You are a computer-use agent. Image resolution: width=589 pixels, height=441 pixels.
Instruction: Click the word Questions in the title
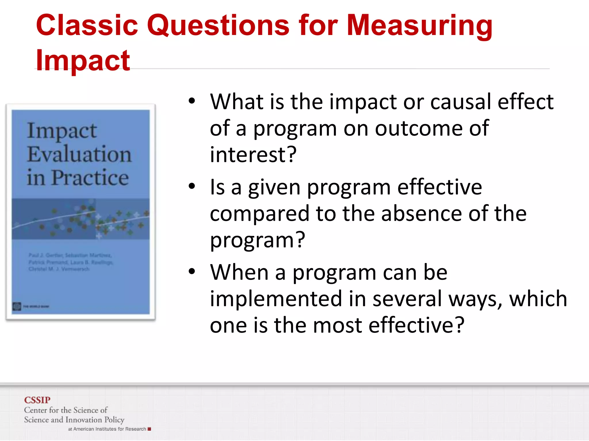click(218, 26)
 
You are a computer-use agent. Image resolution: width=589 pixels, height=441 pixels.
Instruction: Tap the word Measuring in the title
click(420, 26)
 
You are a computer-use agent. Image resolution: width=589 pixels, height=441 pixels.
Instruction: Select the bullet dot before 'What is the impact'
click(192, 101)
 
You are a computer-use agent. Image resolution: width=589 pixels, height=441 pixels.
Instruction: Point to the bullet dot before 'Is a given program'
click(192, 187)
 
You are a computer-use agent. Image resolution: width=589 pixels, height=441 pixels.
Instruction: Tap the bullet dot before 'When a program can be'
click(192, 272)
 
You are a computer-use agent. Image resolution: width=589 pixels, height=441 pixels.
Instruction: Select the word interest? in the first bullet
click(253, 154)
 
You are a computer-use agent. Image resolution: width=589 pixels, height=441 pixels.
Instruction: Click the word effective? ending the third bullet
click(416, 325)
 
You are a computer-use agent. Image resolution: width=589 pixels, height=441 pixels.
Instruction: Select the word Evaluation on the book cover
click(79, 154)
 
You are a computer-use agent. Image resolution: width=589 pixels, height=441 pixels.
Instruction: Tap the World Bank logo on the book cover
click(17, 306)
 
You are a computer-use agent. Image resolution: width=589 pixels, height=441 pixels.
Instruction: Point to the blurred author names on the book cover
click(70, 262)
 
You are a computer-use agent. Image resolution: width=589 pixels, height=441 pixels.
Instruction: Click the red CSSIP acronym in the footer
click(37, 400)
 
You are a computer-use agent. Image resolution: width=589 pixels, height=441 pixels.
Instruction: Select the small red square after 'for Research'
click(149, 429)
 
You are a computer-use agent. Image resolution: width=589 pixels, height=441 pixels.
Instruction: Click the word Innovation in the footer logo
click(84, 420)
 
